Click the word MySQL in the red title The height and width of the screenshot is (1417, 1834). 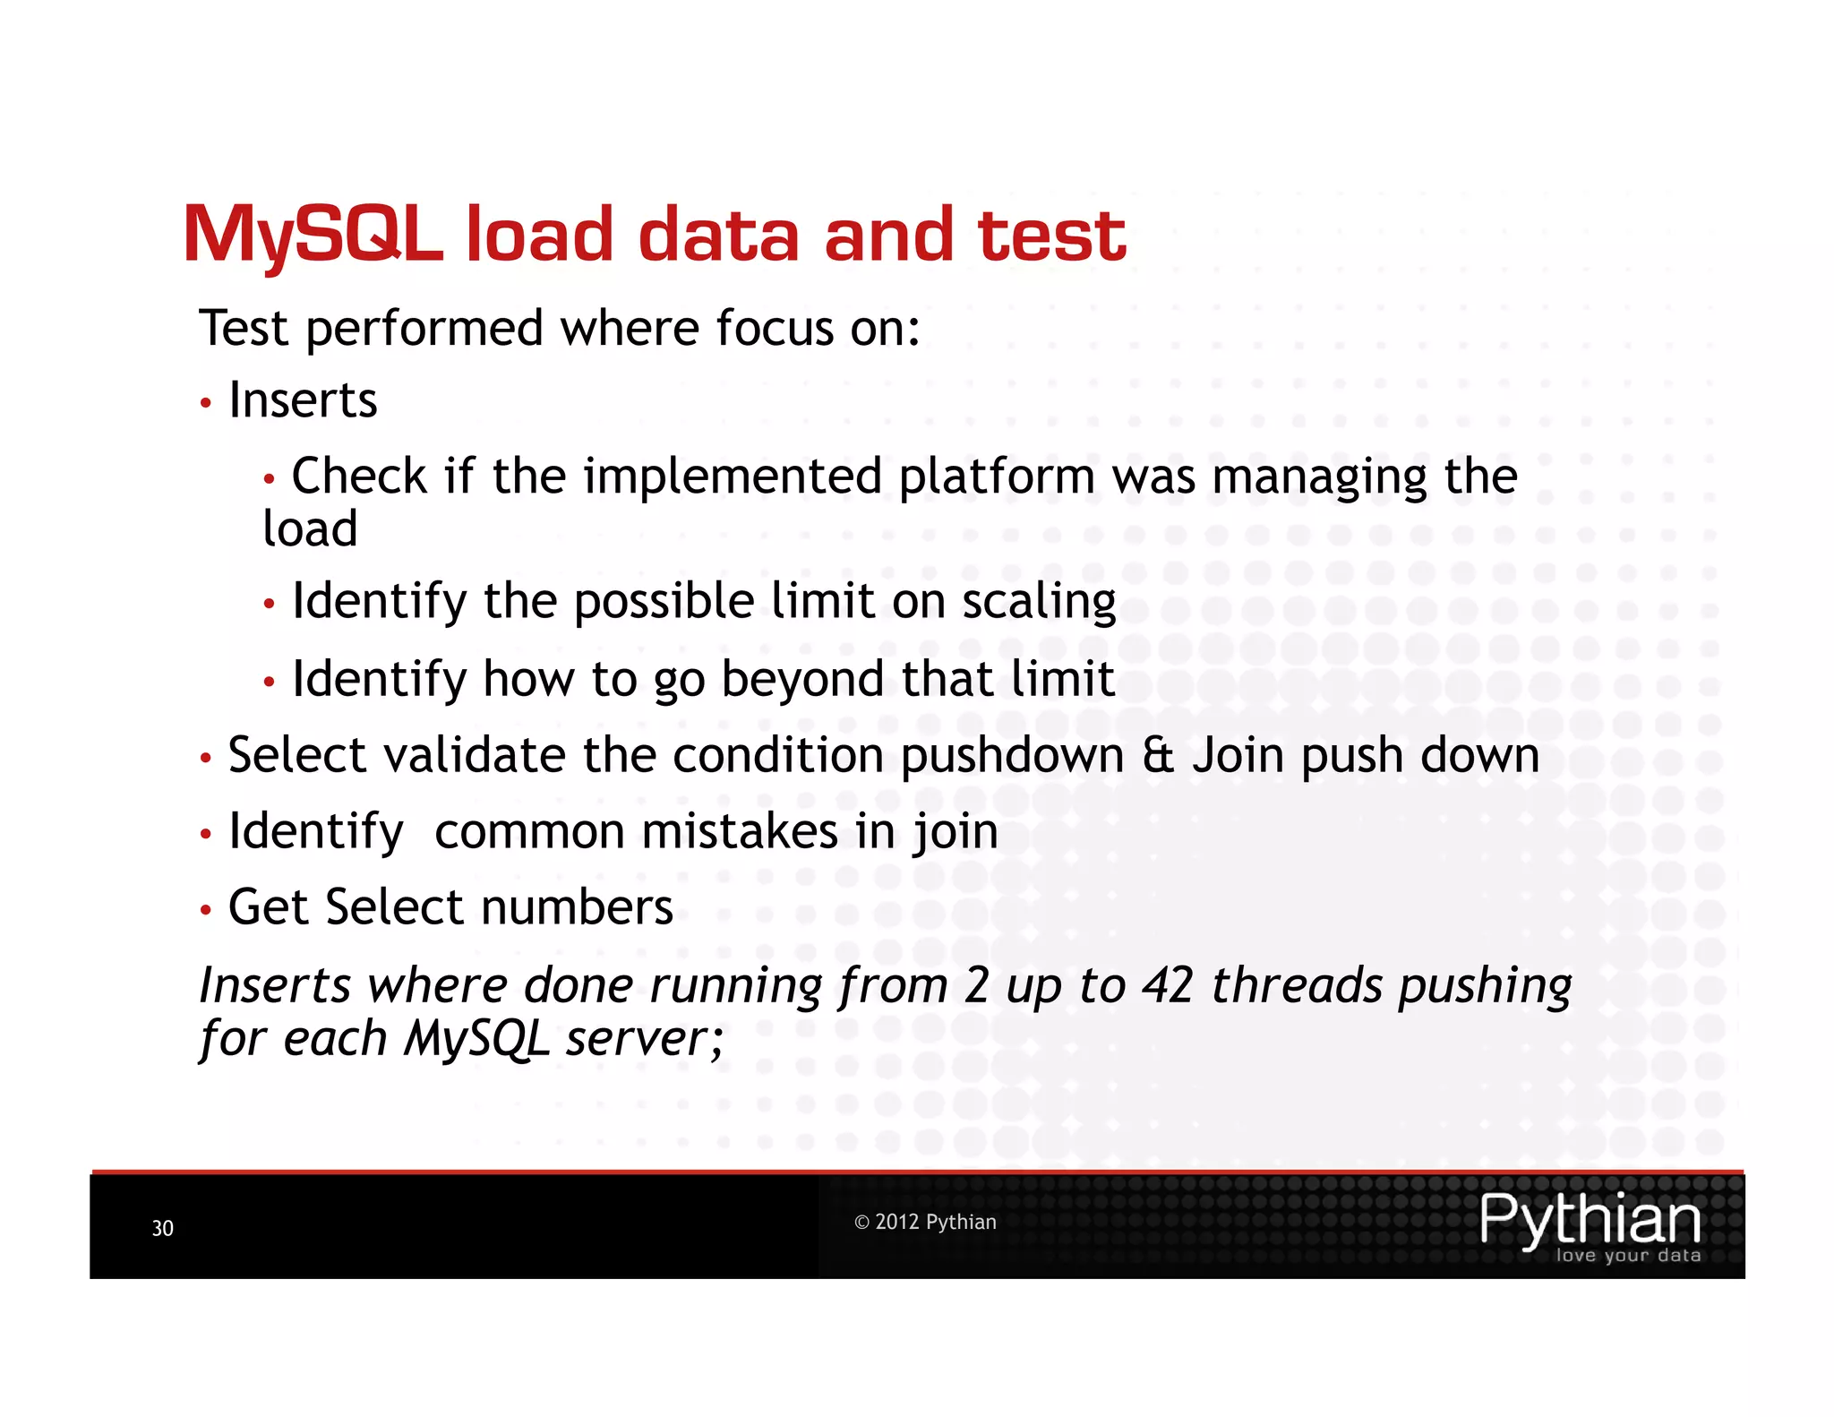click(x=312, y=235)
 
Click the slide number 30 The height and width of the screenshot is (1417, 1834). click(x=162, y=1228)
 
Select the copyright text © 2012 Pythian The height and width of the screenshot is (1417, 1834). click(x=924, y=1222)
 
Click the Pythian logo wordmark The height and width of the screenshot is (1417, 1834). click(x=1590, y=1219)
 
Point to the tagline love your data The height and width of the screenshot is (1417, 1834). click(x=1627, y=1256)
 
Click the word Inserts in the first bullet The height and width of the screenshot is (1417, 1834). click(x=303, y=399)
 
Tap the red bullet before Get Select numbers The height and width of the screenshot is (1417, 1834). click(x=206, y=911)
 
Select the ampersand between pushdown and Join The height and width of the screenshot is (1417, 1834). click(x=1157, y=755)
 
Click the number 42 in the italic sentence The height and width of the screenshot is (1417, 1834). click(x=1168, y=985)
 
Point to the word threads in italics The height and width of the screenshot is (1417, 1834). click(x=1297, y=985)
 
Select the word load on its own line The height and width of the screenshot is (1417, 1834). click(x=310, y=528)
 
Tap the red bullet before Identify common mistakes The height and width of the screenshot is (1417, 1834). click(x=206, y=835)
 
